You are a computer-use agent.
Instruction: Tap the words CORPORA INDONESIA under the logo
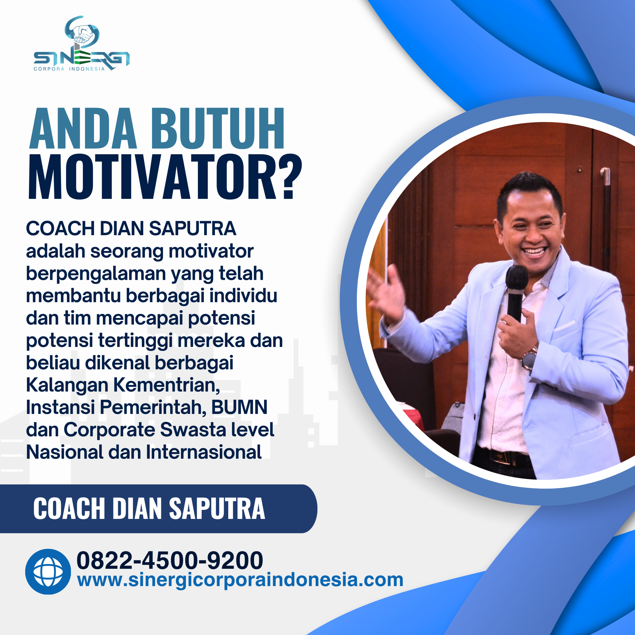[x=69, y=69]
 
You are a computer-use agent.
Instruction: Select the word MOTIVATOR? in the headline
[x=164, y=178]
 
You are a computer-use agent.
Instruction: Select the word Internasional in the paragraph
[x=204, y=452]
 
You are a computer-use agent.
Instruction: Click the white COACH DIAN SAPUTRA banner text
[x=149, y=508]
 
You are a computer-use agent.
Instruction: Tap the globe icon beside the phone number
[x=48, y=571]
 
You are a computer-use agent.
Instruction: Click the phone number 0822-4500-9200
[x=170, y=560]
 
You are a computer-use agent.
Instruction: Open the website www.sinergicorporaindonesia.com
[x=240, y=580]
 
